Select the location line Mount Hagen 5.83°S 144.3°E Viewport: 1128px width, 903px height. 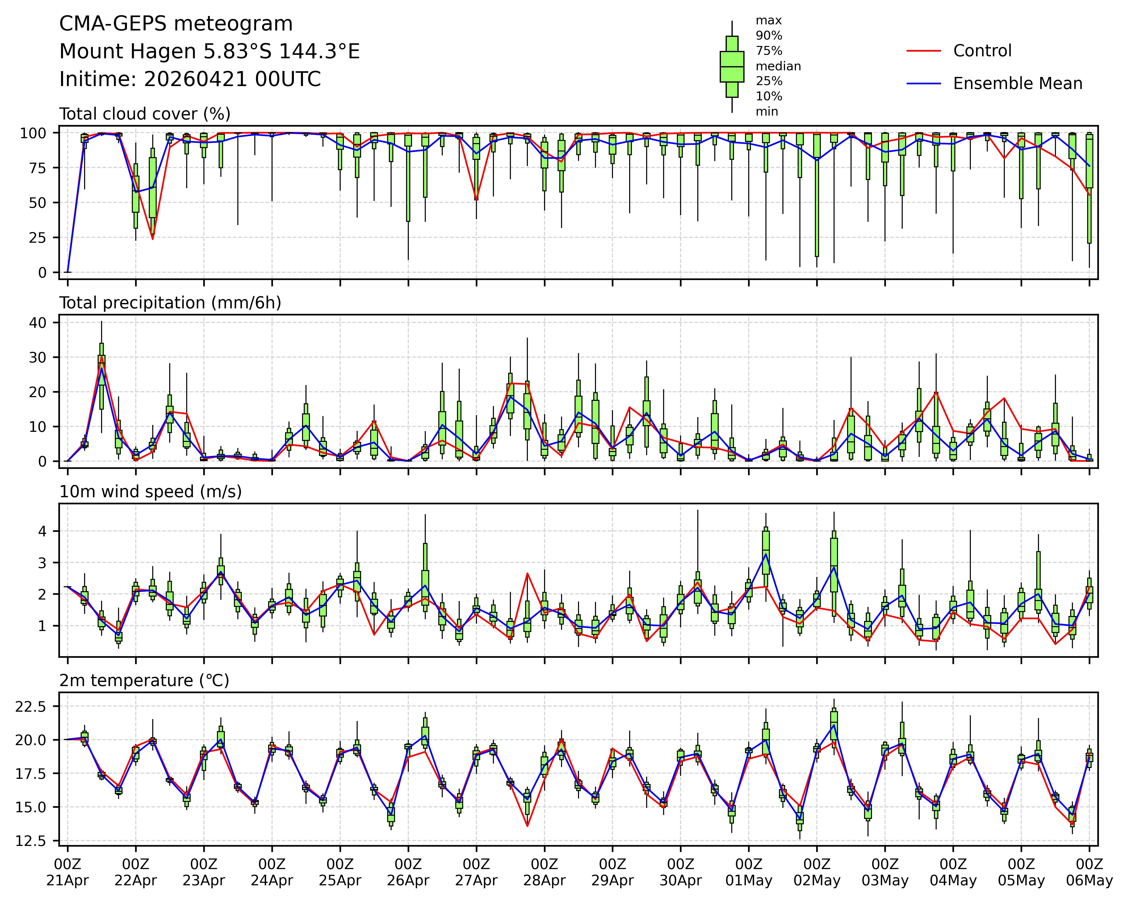point(209,52)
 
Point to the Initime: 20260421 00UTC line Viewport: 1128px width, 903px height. point(190,79)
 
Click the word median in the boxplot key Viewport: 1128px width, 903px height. point(778,66)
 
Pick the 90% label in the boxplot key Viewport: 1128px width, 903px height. point(769,36)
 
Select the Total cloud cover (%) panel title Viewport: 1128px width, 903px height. point(145,114)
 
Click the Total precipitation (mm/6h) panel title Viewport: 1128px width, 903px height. point(170,303)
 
